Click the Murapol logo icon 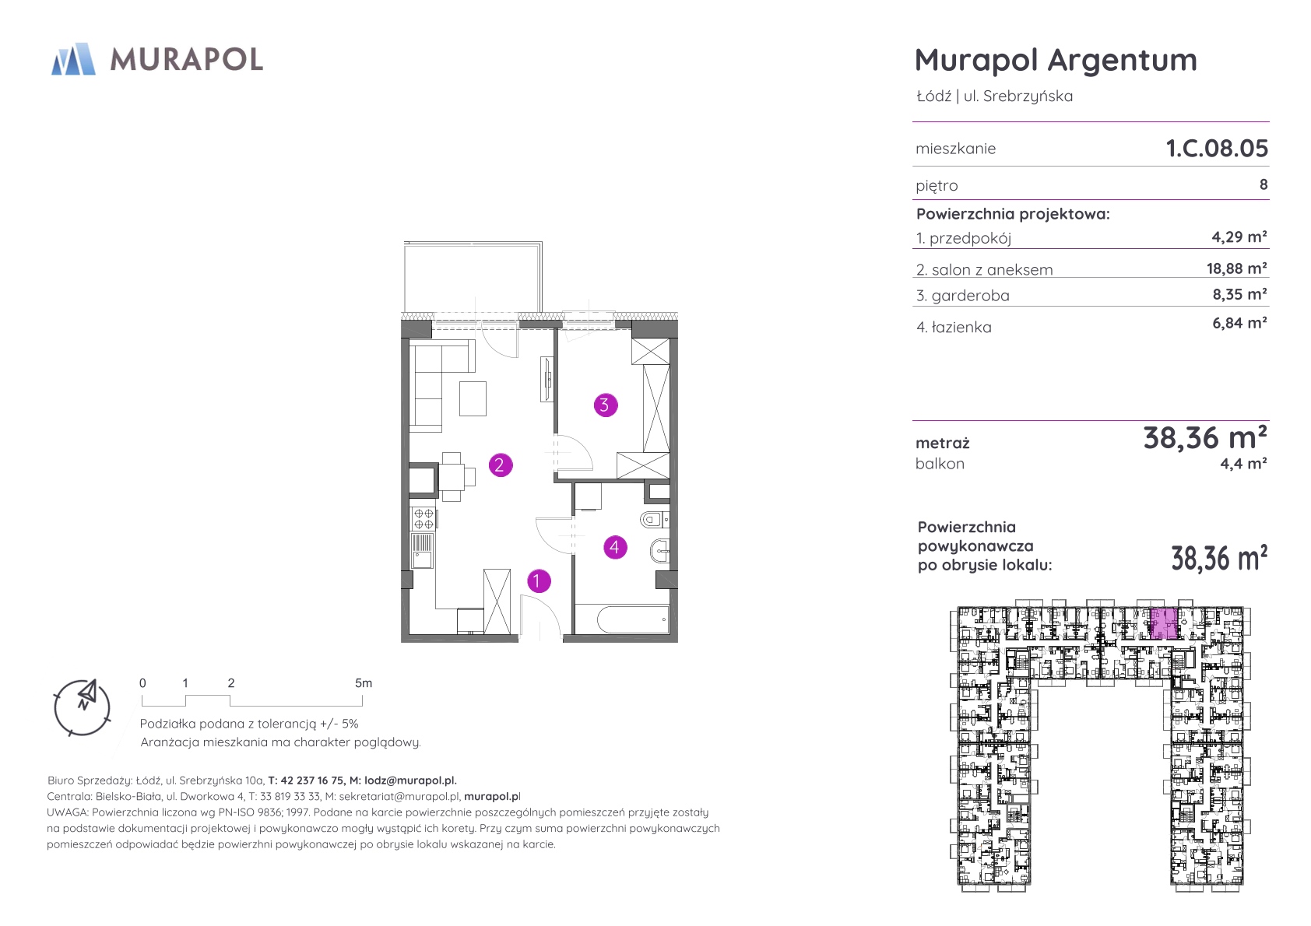click(73, 59)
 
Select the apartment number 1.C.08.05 click(1217, 148)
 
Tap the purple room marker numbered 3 click(605, 405)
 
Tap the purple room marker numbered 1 click(539, 581)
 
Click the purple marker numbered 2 click(500, 465)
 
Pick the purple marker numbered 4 click(614, 548)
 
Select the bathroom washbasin click(659, 550)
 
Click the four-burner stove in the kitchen click(423, 518)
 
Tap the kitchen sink click(422, 550)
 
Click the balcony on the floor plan click(473, 277)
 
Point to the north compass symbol click(82, 707)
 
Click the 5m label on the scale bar click(364, 682)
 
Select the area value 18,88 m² click(1237, 268)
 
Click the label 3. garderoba click(963, 296)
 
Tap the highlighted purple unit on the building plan click(1164, 624)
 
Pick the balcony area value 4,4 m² click(1244, 464)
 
